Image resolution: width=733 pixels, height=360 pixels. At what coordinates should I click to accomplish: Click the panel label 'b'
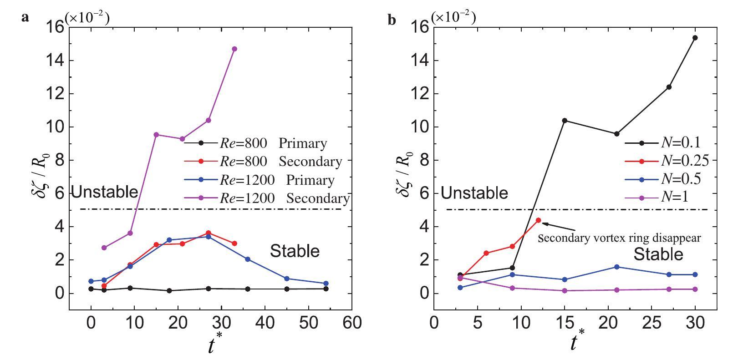[392, 20]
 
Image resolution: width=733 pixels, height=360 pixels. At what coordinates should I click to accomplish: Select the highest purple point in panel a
[234, 49]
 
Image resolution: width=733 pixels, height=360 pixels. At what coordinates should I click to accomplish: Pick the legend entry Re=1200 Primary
[260, 180]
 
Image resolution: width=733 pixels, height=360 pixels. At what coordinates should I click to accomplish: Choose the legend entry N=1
[662, 197]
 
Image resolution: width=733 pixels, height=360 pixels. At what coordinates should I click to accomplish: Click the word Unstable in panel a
[105, 192]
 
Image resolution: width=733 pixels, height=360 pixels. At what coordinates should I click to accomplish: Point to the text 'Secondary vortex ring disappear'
[619, 238]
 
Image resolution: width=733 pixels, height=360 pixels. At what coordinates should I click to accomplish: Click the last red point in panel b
[539, 220]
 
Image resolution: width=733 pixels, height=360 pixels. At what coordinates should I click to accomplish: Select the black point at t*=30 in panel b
[695, 38]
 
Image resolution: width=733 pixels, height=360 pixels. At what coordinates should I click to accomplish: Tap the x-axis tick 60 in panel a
[351, 323]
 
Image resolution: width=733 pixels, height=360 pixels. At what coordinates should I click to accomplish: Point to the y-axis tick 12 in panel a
[56, 94]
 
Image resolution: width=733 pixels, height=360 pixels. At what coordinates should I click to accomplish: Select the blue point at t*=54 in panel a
[326, 284]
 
